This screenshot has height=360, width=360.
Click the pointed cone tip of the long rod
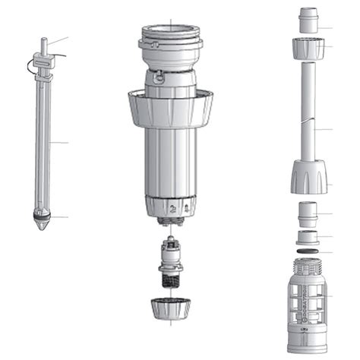(x=43, y=226)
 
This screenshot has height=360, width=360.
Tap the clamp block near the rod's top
(x=44, y=62)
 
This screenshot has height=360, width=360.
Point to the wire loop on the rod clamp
(x=33, y=67)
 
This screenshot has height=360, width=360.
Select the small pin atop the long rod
(x=44, y=44)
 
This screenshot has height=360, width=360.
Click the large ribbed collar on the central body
(x=170, y=109)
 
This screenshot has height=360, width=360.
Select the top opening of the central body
(x=170, y=32)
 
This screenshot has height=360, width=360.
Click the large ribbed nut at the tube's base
(x=309, y=180)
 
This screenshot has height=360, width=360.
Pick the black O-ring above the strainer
(x=308, y=250)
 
